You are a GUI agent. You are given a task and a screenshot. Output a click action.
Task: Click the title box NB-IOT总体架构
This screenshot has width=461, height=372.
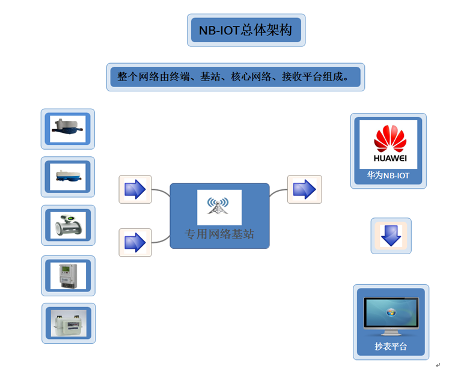[246, 30]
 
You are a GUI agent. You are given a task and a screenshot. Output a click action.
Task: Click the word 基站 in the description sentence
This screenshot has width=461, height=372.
[212, 77]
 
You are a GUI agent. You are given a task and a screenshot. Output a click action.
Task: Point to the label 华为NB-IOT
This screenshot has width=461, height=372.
[388, 176]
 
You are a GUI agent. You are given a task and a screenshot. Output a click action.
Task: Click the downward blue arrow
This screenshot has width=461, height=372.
[391, 235]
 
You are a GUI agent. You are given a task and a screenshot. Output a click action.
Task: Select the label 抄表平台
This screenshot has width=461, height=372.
[391, 346]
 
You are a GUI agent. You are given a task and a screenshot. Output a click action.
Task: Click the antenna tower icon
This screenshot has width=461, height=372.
[219, 206]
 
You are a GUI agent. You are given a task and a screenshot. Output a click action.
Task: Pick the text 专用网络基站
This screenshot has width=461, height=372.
[219, 234]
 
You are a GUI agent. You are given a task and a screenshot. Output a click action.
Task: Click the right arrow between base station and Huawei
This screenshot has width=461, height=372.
[304, 189]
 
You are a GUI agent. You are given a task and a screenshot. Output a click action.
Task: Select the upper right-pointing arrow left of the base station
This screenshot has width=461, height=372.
[135, 189]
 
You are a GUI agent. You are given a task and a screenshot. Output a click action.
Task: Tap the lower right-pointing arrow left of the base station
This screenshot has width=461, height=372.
[135, 242]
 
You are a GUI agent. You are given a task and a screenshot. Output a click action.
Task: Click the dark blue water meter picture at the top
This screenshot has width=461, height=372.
[67, 128]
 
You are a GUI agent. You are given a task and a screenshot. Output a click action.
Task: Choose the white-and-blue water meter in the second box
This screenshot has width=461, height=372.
[67, 175]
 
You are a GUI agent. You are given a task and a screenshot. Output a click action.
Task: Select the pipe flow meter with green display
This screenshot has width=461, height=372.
[68, 225]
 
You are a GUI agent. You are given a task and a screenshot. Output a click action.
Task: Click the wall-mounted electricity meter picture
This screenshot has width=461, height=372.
[68, 275]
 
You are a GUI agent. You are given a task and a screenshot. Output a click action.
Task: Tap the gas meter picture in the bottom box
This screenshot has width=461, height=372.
[68, 323]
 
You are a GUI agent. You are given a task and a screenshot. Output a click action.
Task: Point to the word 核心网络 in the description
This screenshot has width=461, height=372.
[250, 77]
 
